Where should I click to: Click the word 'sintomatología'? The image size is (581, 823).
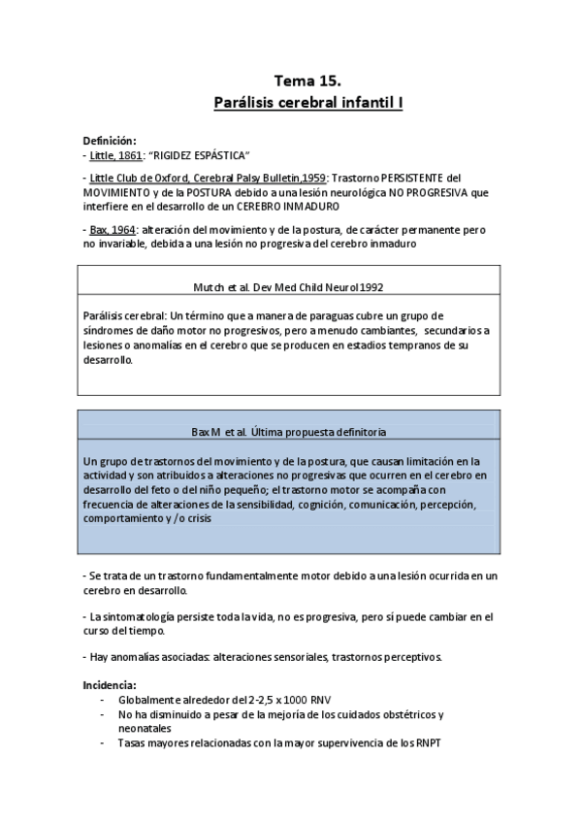[148, 616]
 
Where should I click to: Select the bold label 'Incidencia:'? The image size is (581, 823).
[110, 684]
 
